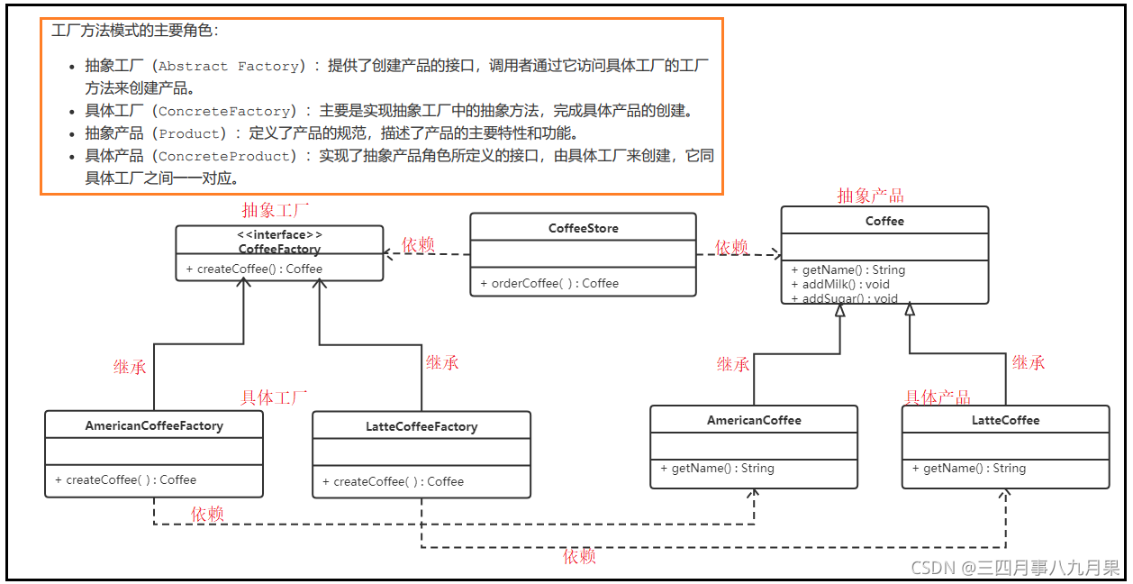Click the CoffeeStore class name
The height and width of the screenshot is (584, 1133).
[x=583, y=228]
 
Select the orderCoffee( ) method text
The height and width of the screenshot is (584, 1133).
[x=549, y=283]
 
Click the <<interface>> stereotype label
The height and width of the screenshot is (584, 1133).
[x=279, y=235]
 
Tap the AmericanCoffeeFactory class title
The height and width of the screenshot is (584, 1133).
[x=154, y=425]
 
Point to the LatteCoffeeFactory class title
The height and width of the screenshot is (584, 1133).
[x=421, y=426]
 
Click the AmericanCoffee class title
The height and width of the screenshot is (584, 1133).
[x=754, y=420]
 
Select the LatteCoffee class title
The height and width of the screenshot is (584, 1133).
[x=1005, y=420]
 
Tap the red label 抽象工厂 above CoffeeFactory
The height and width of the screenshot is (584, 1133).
[x=276, y=210]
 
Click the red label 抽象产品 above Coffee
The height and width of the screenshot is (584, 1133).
[x=870, y=196]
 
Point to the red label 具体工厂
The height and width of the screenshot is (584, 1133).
[x=274, y=397]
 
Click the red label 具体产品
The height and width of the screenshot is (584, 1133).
[x=938, y=397]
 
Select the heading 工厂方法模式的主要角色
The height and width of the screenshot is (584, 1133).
[x=135, y=31]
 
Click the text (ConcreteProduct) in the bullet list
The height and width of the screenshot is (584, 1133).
[x=226, y=156]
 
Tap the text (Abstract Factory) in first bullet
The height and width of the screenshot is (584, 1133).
[x=226, y=66]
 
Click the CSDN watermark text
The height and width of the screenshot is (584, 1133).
[x=1015, y=567]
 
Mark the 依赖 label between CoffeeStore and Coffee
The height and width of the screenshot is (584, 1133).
[x=731, y=247]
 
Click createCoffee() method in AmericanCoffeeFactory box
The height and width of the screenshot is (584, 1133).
[x=125, y=479]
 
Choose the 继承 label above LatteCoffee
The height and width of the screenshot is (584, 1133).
[x=1029, y=362]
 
